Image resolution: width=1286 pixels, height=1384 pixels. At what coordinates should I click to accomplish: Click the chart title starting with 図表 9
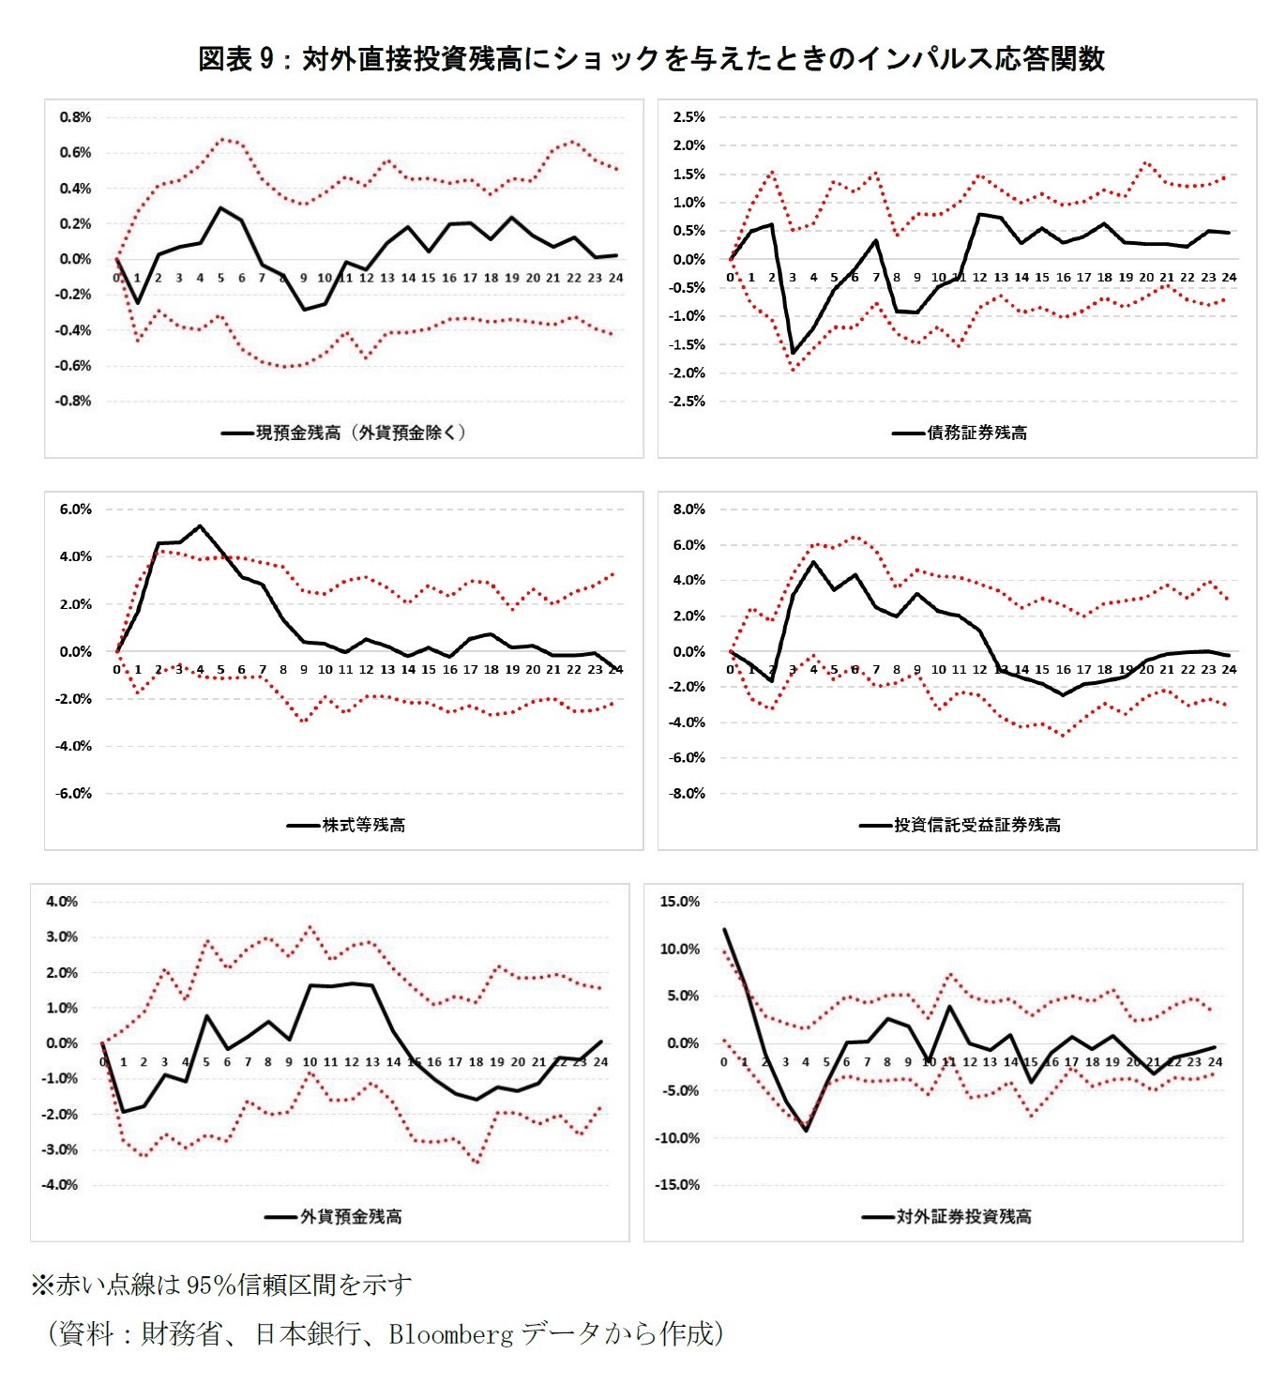(651, 59)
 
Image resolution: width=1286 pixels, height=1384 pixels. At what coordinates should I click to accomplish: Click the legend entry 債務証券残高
(976, 433)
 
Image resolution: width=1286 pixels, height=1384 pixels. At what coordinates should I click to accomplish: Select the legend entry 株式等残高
(363, 825)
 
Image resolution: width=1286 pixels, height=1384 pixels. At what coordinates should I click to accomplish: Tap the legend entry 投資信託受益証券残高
(976, 825)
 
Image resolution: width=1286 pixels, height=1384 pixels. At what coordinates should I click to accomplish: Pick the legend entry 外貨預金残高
(350, 1216)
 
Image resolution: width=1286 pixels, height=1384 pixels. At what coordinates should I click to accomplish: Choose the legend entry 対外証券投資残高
(963, 1216)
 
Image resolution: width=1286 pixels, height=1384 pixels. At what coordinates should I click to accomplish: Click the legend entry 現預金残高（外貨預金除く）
(361, 433)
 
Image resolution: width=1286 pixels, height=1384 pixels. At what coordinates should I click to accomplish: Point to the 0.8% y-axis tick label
(75, 117)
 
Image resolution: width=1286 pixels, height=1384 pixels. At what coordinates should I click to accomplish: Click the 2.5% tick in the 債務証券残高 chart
(688, 117)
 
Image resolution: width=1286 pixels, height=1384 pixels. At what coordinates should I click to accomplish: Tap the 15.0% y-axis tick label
(680, 902)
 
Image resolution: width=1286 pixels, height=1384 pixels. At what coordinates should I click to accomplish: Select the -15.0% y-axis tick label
(677, 1185)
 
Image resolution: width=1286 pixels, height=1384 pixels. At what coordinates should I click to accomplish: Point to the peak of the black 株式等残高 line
(200, 526)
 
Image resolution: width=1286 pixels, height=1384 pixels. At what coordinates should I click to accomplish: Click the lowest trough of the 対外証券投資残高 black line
(806, 1131)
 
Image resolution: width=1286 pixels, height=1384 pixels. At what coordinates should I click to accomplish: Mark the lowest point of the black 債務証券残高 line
(793, 354)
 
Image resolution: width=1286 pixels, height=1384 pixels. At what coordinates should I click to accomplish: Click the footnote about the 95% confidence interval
(221, 1285)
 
